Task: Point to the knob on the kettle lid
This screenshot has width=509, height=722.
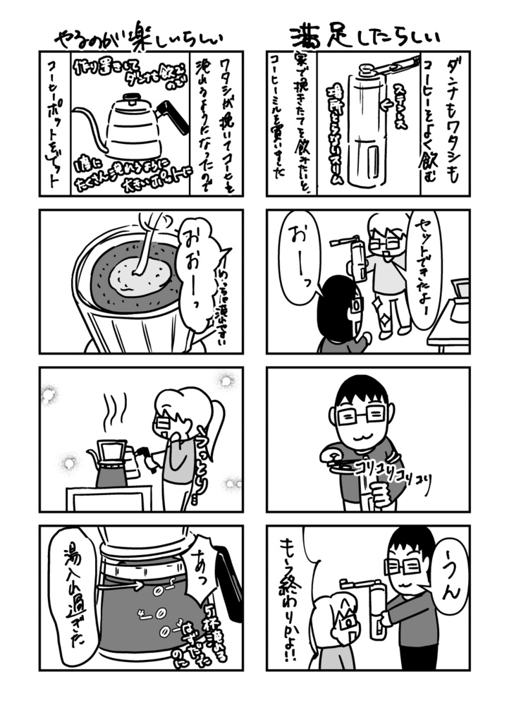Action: coord(133,96)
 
